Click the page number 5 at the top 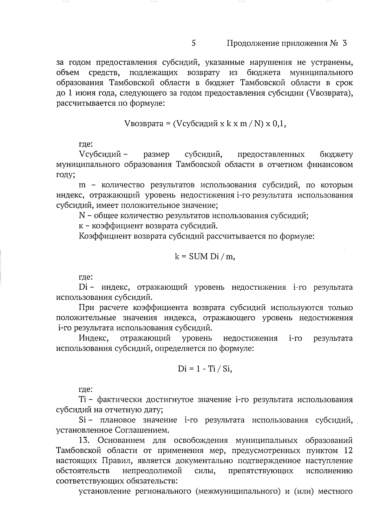pos(194,43)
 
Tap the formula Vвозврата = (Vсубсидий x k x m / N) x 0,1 pos(205,124)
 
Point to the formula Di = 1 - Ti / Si pos(205,369)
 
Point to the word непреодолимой pos(152,471)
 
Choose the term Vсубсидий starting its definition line pos(100,155)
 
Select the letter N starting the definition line pos(82,216)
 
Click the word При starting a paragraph pos(87,308)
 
